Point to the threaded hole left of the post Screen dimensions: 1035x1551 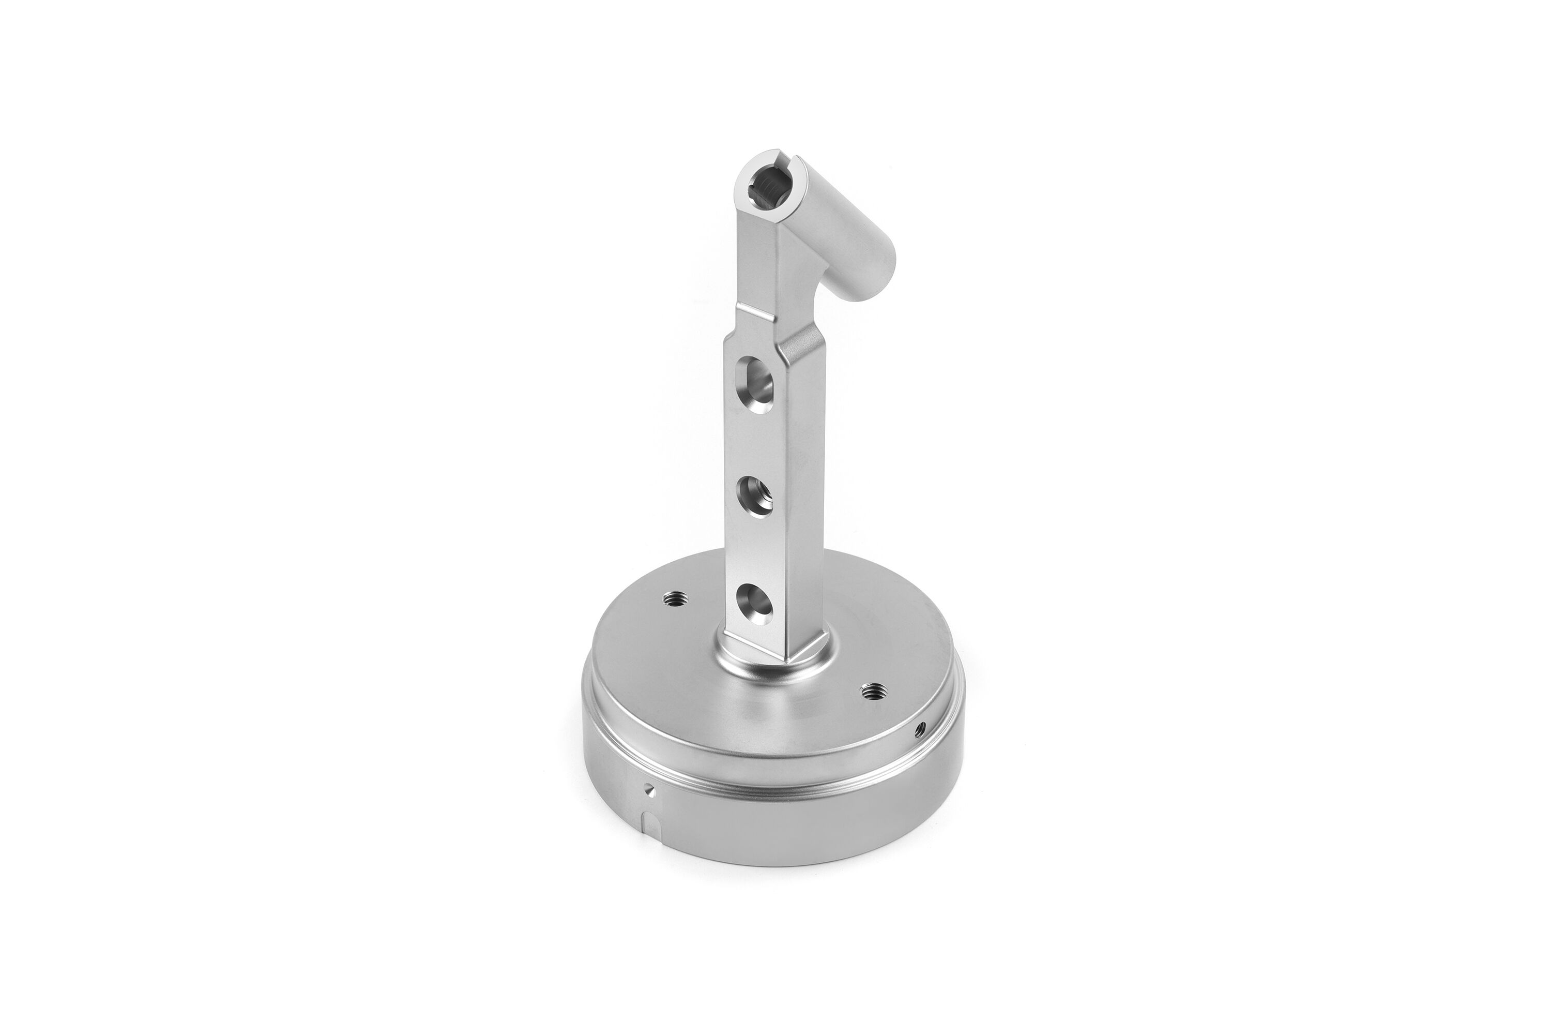[x=674, y=598]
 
